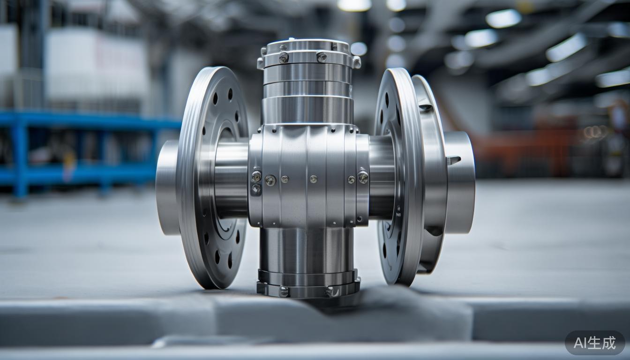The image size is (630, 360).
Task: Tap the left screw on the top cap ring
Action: [x=284, y=57]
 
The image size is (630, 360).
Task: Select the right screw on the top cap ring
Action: [x=322, y=57]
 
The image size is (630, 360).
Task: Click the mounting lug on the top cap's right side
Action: [x=356, y=62]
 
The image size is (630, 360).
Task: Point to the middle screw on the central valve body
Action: [x=313, y=179]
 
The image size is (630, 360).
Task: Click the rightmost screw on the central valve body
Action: [x=363, y=177]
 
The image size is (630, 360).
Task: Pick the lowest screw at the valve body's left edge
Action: [x=256, y=189]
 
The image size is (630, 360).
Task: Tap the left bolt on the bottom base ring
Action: [x=284, y=291]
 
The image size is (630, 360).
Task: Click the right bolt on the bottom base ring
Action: [x=331, y=292]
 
